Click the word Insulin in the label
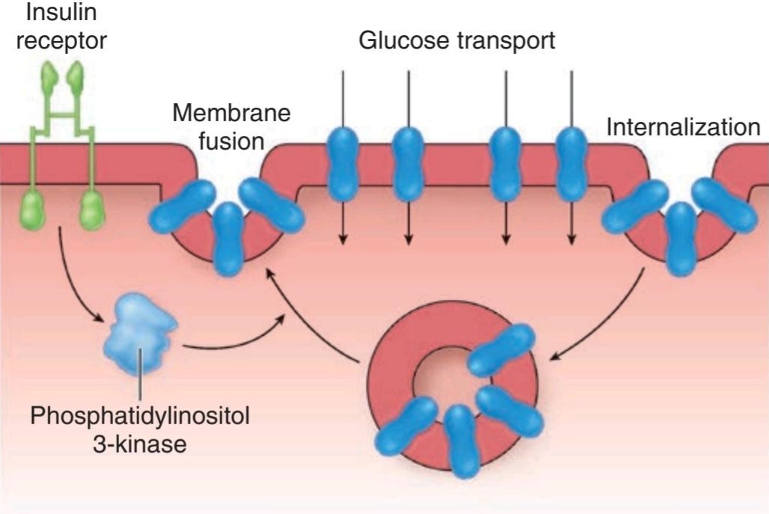pyautogui.click(x=61, y=12)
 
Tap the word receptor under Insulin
pyautogui.click(x=61, y=40)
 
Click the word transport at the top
pyautogui.click(x=506, y=41)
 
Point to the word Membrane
pyautogui.click(x=231, y=113)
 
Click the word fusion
pyautogui.click(x=231, y=141)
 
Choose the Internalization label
pyautogui.click(x=683, y=127)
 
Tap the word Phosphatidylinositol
pyautogui.click(x=140, y=417)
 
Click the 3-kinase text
pyautogui.click(x=140, y=444)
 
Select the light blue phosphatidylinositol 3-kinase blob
pyautogui.click(x=140, y=333)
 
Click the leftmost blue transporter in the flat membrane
pyautogui.click(x=343, y=164)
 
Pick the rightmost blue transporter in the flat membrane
pyautogui.click(x=571, y=164)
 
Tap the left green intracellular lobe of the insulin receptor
pyautogui.click(x=32, y=211)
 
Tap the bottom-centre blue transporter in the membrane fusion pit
pyautogui.click(x=229, y=239)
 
